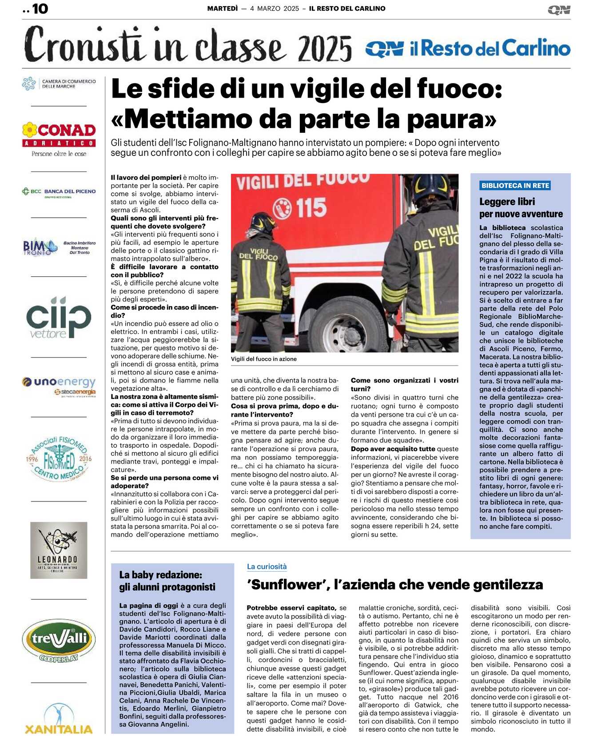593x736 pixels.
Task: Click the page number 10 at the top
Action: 39,8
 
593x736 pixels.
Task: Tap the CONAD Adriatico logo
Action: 59,138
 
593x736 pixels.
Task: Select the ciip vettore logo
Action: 59,317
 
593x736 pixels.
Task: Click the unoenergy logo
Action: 59,385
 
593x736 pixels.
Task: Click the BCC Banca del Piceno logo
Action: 59,192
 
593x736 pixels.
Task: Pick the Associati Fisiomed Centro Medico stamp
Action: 59,458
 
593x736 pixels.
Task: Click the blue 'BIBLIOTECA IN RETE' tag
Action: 515,186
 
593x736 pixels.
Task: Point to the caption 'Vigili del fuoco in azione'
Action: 264,359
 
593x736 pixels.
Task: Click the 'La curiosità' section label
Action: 267,566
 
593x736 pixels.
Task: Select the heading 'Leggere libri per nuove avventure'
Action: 521,207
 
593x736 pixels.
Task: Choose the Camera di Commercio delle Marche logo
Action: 59,84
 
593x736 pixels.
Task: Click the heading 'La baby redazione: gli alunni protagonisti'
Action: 167,581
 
